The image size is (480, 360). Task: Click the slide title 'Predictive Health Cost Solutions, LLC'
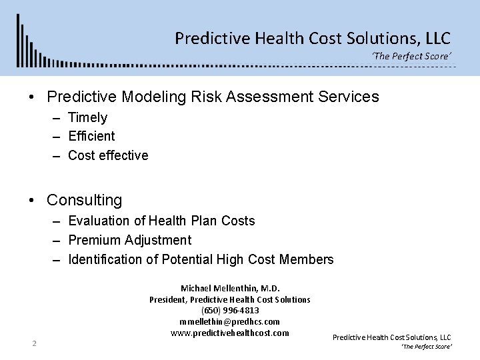click(x=313, y=37)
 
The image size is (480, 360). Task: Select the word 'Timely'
click(x=87, y=117)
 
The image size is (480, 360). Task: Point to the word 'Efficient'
click(x=91, y=136)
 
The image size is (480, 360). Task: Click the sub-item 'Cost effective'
click(x=108, y=155)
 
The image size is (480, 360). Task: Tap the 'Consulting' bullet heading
click(x=84, y=200)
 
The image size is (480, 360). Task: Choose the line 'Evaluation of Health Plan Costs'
click(x=161, y=221)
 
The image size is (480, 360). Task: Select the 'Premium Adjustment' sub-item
click(x=129, y=240)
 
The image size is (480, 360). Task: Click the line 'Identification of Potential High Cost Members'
click(x=201, y=259)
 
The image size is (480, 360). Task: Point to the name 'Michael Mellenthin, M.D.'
click(x=230, y=289)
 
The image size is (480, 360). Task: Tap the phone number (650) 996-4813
click(x=230, y=311)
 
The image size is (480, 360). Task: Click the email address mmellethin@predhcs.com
click(x=230, y=321)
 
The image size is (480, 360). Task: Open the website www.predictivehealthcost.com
click(x=230, y=333)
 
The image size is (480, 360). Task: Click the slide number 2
click(x=33, y=344)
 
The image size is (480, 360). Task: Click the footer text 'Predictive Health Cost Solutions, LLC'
click(x=392, y=338)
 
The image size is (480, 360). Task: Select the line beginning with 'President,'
click(x=230, y=300)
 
